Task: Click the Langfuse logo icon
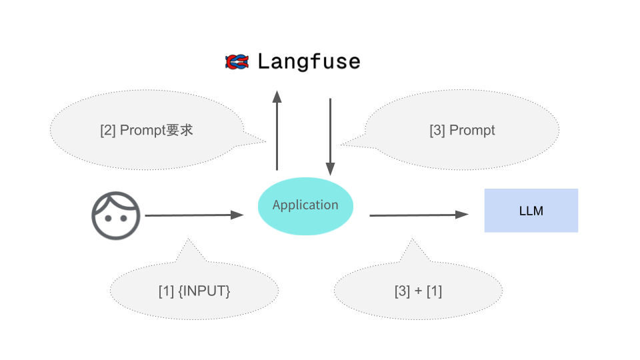pos(237,62)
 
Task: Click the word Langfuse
pos(309,62)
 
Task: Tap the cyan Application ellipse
pos(305,205)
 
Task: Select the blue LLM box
pos(531,211)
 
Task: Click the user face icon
pos(116,215)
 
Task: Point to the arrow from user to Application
pos(193,215)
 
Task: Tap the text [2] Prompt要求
pos(146,130)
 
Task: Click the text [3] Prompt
pos(462,130)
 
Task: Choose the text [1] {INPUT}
pos(194,291)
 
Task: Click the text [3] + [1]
pos(418,291)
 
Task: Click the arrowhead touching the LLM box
pos(462,215)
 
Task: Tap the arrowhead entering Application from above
pos(330,169)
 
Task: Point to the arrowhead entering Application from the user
pos(237,215)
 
